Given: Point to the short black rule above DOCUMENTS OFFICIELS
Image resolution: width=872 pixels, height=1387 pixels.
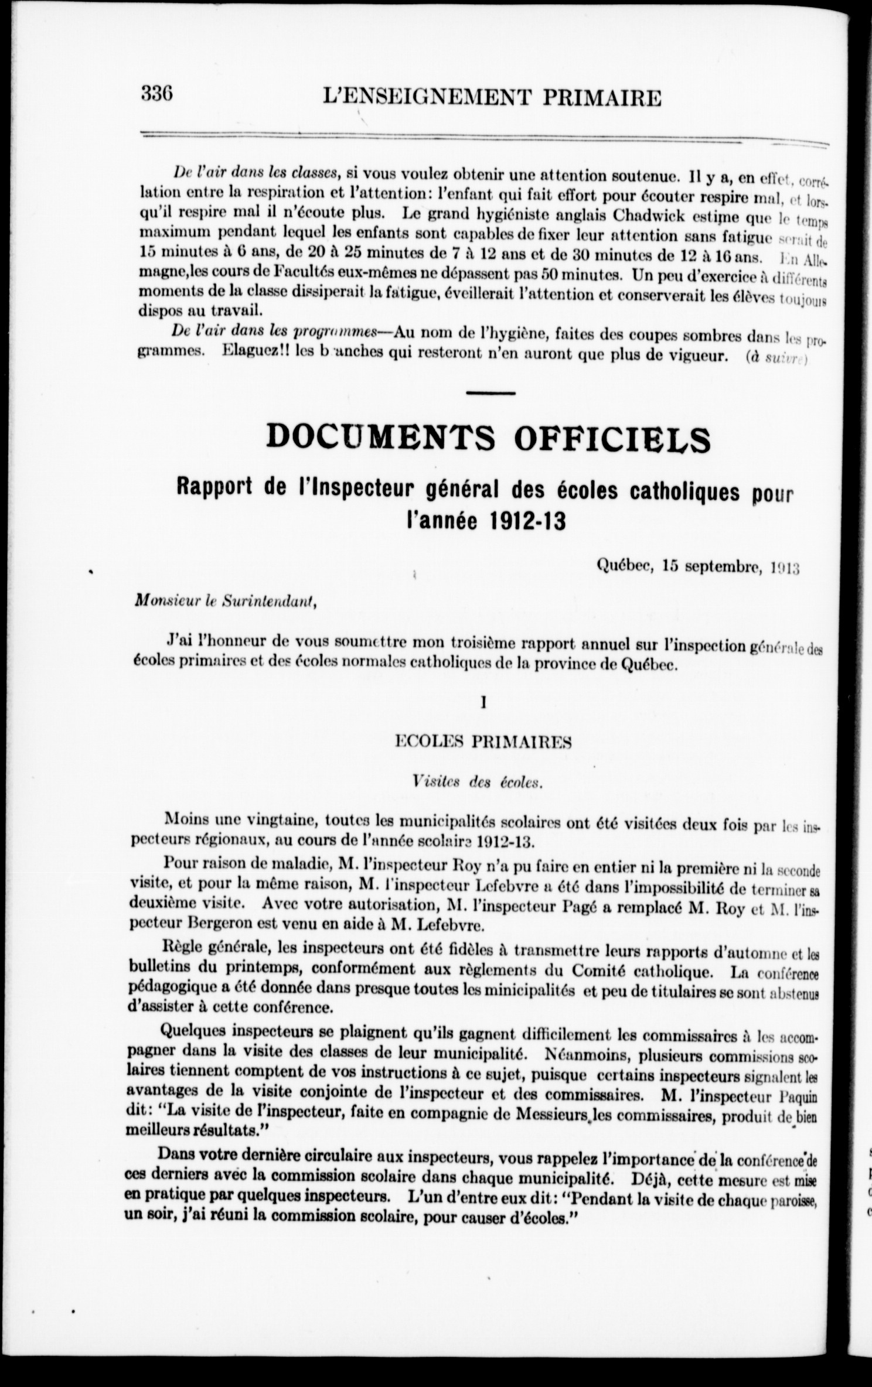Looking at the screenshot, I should (491, 392).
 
